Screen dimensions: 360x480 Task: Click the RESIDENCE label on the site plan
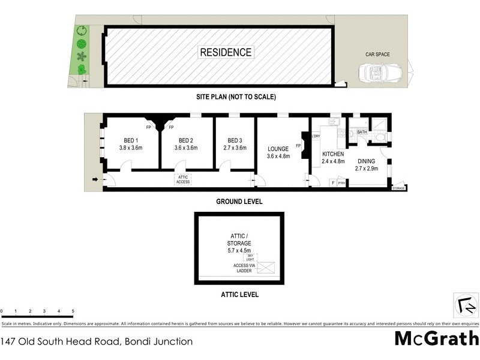pyautogui.click(x=226, y=52)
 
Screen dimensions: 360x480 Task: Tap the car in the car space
pyautogui.click(x=381, y=73)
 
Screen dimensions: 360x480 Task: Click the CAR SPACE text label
pyautogui.click(x=377, y=55)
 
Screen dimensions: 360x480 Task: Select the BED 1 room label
pyautogui.click(x=130, y=144)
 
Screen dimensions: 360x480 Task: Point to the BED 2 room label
pyautogui.click(x=185, y=144)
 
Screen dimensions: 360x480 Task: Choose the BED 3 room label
pyautogui.click(x=235, y=144)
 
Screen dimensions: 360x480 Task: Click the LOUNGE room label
pyautogui.click(x=278, y=152)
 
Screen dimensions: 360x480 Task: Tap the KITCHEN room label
pyautogui.click(x=332, y=157)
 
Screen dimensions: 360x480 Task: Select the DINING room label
pyautogui.click(x=367, y=165)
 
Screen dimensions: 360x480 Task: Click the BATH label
pyautogui.click(x=362, y=132)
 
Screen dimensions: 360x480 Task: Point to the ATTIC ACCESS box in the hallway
pyautogui.click(x=183, y=179)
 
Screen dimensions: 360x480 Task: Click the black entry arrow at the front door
pyautogui.click(x=95, y=179)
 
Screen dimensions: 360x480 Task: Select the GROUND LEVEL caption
pyautogui.click(x=239, y=202)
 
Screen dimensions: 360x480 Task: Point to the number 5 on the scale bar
pyautogui.click(x=73, y=311)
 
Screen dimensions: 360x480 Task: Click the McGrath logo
pyautogui.click(x=436, y=338)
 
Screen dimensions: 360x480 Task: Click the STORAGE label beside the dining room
pyautogui.click(x=398, y=188)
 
